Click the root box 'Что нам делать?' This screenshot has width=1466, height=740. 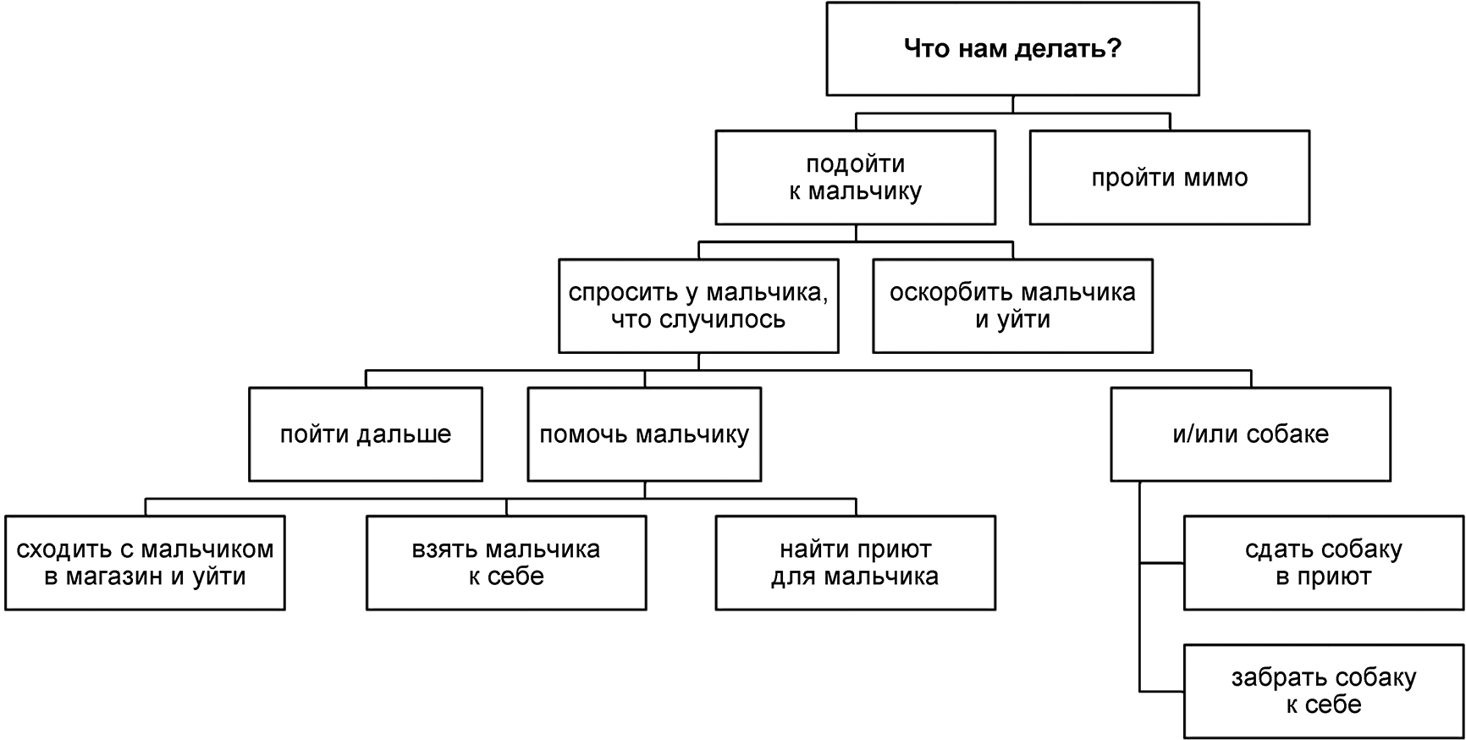tap(1012, 48)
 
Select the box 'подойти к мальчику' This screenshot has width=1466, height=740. tap(855, 177)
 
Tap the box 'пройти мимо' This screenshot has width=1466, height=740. tap(1169, 177)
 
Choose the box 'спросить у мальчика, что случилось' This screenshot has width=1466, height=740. tap(698, 306)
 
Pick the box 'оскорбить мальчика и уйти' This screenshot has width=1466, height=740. tap(1012, 306)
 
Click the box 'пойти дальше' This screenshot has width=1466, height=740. tap(366, 434)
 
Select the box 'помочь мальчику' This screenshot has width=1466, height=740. tap(644, 434)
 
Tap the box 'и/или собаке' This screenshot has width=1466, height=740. tap(1250, 434)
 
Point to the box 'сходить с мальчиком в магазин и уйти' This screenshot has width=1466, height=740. tap(145, 563)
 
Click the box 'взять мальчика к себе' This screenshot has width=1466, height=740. tap(506, 563)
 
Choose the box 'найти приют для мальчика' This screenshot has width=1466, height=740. tap(855, 563)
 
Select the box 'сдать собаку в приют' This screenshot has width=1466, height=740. tap(1323, 563)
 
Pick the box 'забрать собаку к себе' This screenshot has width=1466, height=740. tap(1323, 692)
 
